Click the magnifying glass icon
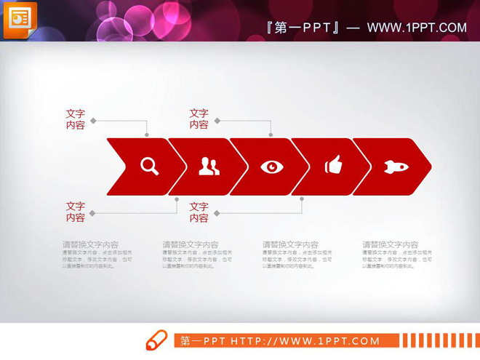(149, 167)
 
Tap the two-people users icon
(209, 167)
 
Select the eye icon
(272, 167)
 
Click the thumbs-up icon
(333, 166)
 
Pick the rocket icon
(396, 167)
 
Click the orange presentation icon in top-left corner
(20, 19)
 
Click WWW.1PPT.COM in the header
(417, 28)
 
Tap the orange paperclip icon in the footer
(157, 340)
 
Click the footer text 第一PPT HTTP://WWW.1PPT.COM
(280, 340)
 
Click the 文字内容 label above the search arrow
(76, 119)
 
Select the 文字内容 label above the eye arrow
(199, 119)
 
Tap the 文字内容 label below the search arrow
(76, 212)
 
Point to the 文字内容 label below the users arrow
(199, 212)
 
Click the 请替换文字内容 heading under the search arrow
(90, 245)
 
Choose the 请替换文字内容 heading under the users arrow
(191, 245)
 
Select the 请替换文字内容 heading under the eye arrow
(290, 245)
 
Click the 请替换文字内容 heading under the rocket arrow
(391, 245)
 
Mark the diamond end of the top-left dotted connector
(92, 121)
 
